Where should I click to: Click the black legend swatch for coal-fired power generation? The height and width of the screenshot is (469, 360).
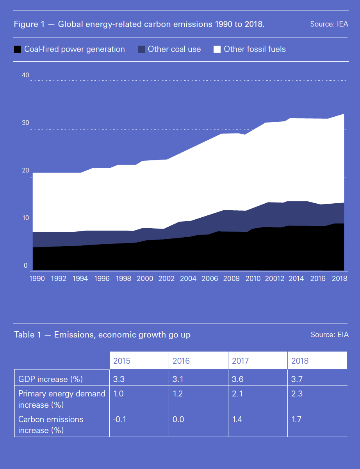pos(17,49)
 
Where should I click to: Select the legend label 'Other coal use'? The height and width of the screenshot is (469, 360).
pos(174,49)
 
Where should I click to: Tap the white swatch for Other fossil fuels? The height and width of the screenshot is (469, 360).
pos(217,49)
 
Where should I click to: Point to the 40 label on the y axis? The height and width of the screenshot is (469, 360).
pos(25,75)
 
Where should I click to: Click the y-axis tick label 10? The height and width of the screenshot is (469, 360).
pos(25,218)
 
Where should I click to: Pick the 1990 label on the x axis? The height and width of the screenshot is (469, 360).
pos(37,279)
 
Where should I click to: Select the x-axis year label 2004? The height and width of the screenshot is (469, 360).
pos(188,279)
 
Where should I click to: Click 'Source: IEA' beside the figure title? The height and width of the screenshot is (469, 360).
pos(329,24)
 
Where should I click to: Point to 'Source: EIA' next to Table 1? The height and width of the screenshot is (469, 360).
pos(329,334)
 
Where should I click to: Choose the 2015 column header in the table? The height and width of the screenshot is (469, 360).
pos(122,361)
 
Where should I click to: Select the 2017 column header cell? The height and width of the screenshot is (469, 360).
pos(240,361)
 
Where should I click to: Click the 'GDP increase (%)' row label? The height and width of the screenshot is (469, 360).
pos(51,379)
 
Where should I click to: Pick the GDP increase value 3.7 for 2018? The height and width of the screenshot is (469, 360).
pos(297,379)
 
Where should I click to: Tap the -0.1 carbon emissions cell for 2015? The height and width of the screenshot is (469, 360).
pos(120,419)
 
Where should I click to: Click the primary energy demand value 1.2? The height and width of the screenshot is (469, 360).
pos(178,394)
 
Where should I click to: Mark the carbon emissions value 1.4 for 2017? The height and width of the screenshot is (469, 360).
pos(237,419)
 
